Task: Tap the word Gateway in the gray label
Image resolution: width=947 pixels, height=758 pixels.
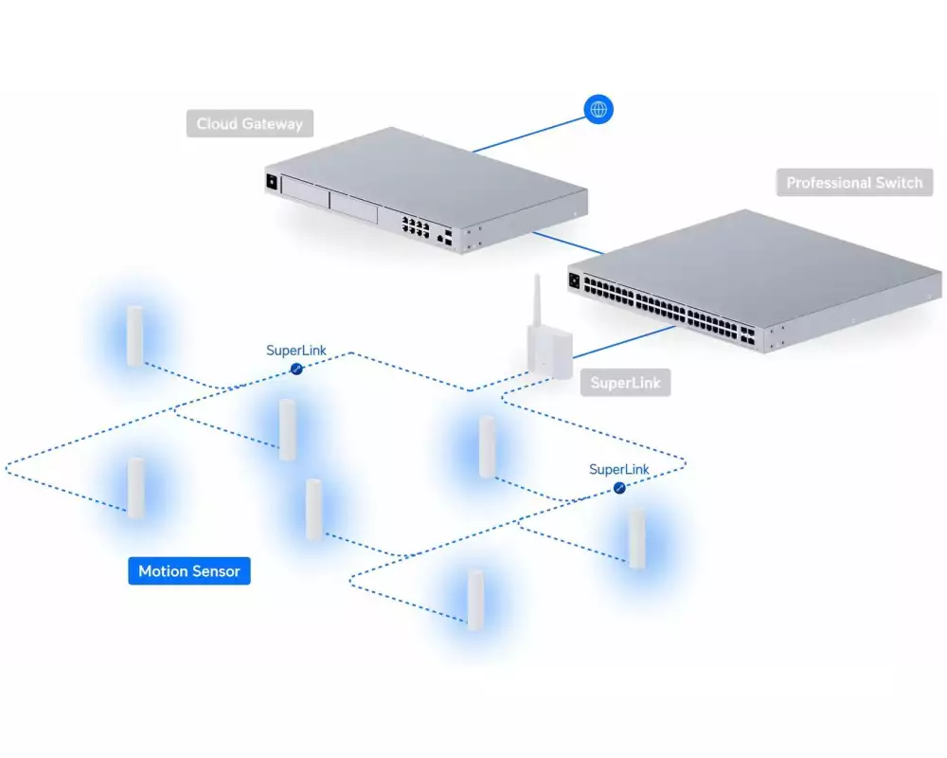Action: click(273, 124)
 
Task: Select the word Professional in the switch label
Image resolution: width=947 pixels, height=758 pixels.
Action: click(829, 183)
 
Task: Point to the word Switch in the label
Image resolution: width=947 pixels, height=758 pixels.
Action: click(900, 183)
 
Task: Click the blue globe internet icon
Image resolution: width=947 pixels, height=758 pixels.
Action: click(599, 109)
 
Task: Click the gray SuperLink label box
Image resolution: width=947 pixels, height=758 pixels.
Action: click(625, 383)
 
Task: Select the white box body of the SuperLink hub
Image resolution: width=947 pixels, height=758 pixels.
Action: click(549, 353)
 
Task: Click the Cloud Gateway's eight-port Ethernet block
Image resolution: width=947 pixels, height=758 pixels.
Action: click(416, 226)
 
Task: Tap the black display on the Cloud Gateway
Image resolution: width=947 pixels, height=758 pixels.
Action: click(272, 182)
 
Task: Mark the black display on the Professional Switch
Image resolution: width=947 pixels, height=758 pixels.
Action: click(575, 281)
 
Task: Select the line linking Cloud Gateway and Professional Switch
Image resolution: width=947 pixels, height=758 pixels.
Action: click(568, 243)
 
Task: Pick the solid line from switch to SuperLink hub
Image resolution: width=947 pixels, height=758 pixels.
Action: click(624, 342)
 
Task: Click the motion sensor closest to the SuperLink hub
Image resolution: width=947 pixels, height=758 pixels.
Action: click(488, 446)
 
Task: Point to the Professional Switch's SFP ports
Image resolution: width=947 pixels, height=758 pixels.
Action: click(747, 336)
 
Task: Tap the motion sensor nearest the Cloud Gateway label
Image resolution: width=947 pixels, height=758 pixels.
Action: click(134, 336)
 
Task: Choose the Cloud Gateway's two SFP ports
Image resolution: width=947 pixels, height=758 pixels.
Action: click(448, 237)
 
